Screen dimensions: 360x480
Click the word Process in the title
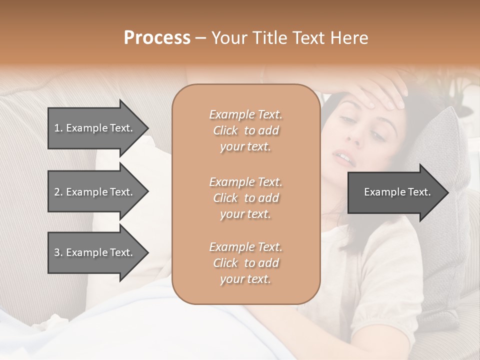click(x=157, y=38)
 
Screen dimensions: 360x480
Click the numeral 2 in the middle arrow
click(x=56, y=192)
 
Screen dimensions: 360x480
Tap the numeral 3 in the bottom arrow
click(x=56, y=252)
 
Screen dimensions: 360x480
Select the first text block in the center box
click(x=245, y=130)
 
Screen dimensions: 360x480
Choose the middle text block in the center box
click(x=245, y=197)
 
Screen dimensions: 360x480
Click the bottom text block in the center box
click(x=245, y=262)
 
